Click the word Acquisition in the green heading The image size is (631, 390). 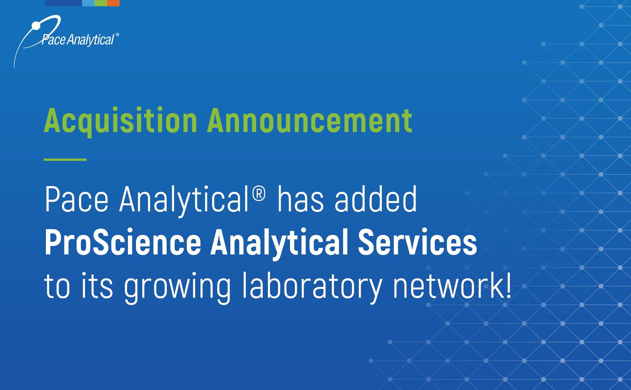click(x=120, y=121)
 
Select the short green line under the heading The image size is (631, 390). click(x=65, y=160)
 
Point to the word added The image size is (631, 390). click(x=376, y=199)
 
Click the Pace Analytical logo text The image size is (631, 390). click(x=78, y=39)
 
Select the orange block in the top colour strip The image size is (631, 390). click(x=113, y=3)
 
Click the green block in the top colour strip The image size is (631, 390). click(x=101, y=3)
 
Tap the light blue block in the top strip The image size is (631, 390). click(x=88, y=3)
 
